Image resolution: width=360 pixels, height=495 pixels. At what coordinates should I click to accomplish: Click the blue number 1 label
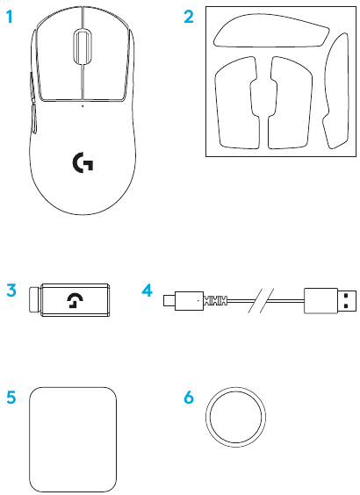(x=10, y=17)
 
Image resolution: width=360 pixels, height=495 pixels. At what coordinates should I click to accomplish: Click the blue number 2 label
(x=189, y=17)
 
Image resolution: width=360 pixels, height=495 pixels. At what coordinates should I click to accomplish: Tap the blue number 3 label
(x=11, y=291)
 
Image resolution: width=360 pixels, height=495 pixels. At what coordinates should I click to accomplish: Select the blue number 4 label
(x=148, y=291)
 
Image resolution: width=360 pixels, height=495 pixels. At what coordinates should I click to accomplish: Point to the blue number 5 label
(x=11, y=397)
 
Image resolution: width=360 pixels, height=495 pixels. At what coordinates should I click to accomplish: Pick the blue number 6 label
(x=189, y=397)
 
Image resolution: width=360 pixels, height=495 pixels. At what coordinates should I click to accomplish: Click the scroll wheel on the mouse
(x=83, y=46)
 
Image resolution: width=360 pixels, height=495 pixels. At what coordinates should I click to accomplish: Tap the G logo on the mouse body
(x=83, y=162)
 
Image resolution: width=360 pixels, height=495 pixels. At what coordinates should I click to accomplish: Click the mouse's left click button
(x=59, y=54)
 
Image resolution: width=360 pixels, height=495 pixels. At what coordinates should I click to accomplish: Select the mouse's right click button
(x=105, y=54)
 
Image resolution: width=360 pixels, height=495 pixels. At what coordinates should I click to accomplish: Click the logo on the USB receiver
(x=76, y=300)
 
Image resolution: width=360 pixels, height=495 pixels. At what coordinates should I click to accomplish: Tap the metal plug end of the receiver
(x=35, y=300)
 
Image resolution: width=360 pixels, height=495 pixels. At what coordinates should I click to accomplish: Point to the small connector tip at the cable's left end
(x=169, y=300)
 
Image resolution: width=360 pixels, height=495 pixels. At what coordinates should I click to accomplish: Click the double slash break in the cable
(x=261, y=300)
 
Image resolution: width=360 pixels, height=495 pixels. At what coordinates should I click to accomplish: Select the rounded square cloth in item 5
(x=73, y=440)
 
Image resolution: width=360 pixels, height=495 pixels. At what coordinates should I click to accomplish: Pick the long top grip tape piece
(x=271, y=31)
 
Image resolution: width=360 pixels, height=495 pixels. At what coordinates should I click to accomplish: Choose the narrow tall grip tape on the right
(x=336, y=91)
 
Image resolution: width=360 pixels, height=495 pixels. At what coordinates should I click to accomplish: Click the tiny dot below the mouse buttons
(x=83, y=106)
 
